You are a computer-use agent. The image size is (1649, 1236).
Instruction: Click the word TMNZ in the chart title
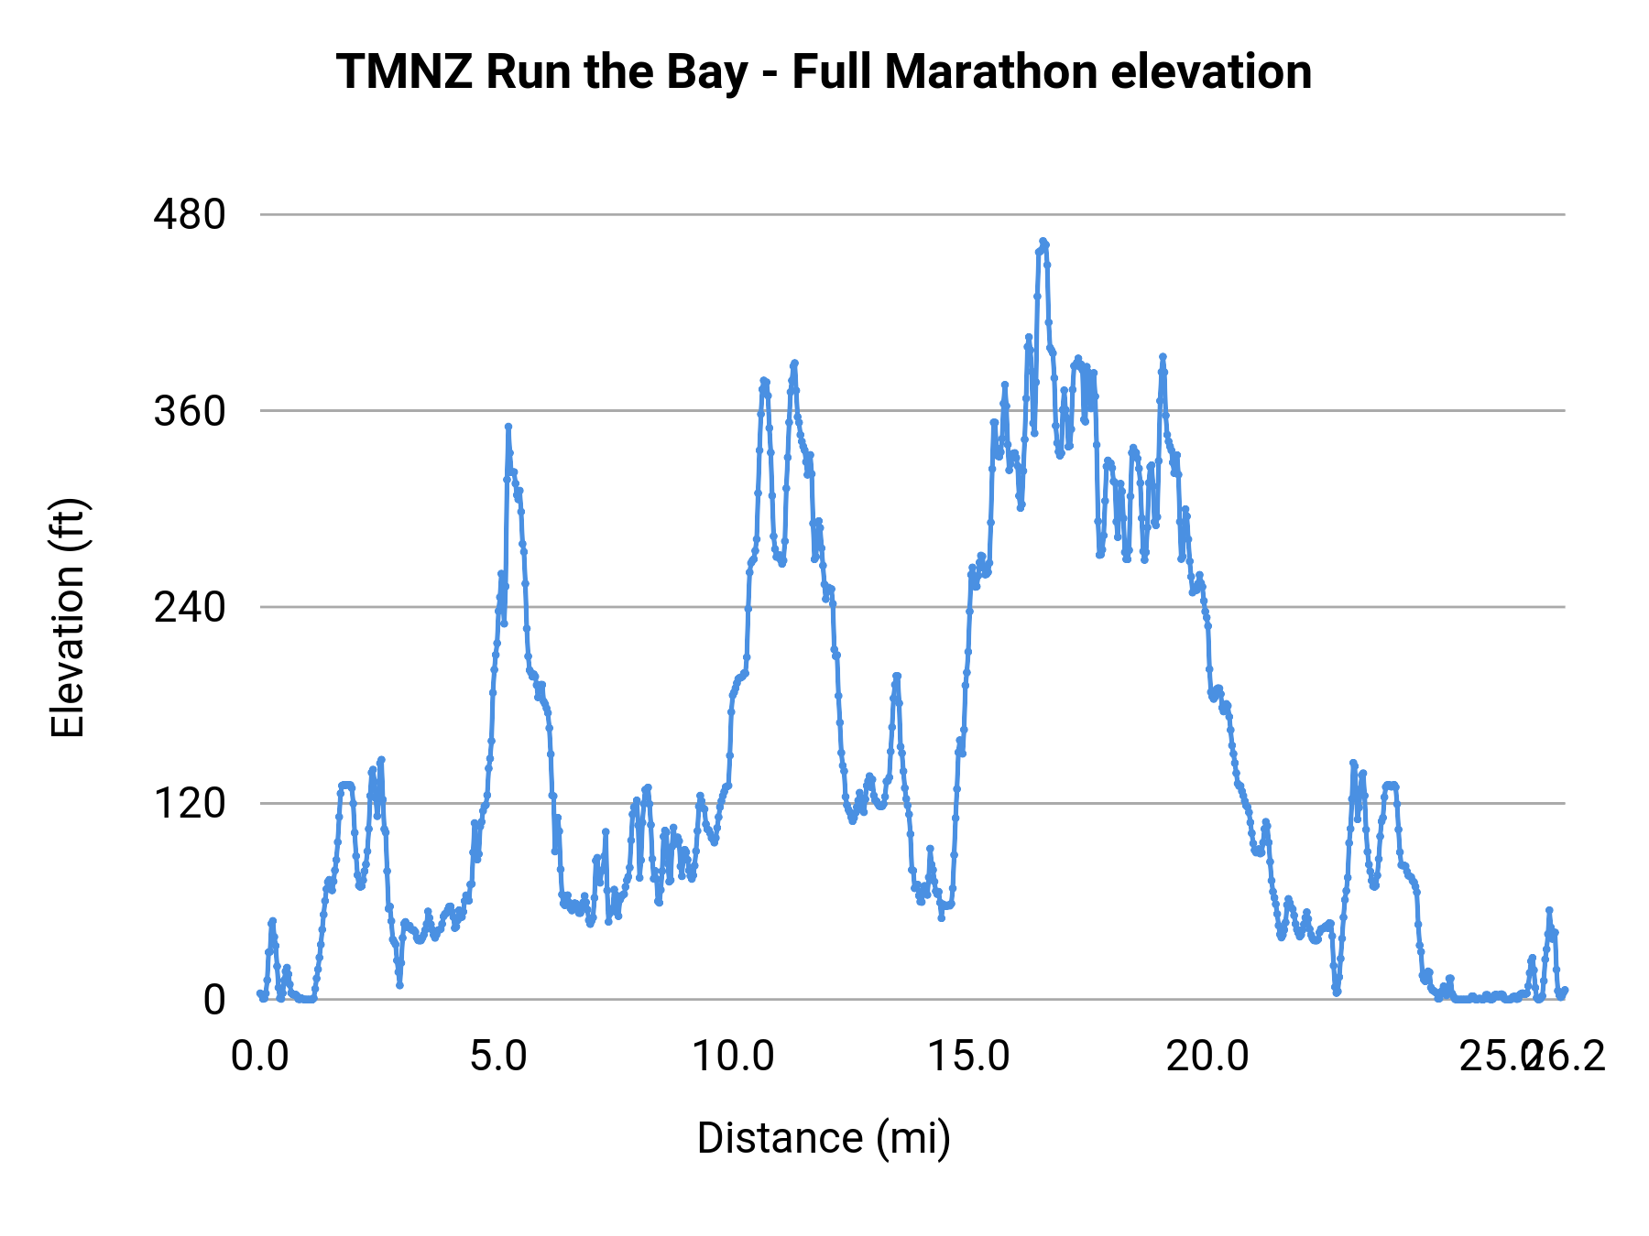404,72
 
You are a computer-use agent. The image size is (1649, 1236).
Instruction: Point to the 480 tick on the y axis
190,215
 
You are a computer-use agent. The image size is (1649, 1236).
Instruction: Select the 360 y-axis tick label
190,411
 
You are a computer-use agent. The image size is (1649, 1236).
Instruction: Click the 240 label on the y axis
190,607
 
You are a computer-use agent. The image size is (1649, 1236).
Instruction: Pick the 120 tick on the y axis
190,803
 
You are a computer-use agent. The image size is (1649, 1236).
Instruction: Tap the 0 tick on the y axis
213,1000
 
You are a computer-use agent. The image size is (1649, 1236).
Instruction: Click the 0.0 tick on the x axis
259,1057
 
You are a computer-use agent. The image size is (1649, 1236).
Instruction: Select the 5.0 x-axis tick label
497,1057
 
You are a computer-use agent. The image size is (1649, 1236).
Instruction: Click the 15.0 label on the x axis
969,1057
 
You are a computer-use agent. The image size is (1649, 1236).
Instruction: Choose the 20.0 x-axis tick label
1207,1057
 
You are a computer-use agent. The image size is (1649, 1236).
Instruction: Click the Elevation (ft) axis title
68,618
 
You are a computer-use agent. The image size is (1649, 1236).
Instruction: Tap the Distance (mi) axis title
824,1138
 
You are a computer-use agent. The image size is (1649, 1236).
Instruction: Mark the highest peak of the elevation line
1043,242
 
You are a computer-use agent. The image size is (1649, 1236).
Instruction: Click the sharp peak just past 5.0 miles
508,427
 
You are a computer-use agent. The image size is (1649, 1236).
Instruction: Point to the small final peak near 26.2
1549,911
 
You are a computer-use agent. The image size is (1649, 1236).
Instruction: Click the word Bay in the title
705,72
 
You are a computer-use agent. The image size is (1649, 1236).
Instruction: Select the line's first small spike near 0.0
272,921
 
